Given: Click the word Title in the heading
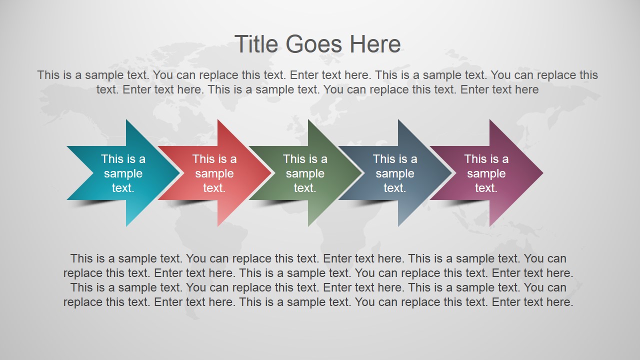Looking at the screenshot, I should [257, 44].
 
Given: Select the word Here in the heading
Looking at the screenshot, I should [375, 44].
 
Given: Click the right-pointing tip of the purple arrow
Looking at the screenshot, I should [542, 173].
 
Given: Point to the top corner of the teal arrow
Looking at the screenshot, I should [127, 121].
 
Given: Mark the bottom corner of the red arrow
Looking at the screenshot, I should [218, 225].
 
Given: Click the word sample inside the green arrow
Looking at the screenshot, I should [305, 173].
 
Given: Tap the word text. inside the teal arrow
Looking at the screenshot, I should [123, 188].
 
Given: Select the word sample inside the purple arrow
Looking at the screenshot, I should [486, 173].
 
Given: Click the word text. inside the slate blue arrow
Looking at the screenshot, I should [395, 188].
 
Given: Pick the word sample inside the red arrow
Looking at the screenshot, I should [214, 173].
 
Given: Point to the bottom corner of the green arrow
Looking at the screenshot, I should [309, 225].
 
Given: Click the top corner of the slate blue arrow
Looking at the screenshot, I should [399, 121].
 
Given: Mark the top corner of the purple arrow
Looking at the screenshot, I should [490, 121].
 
